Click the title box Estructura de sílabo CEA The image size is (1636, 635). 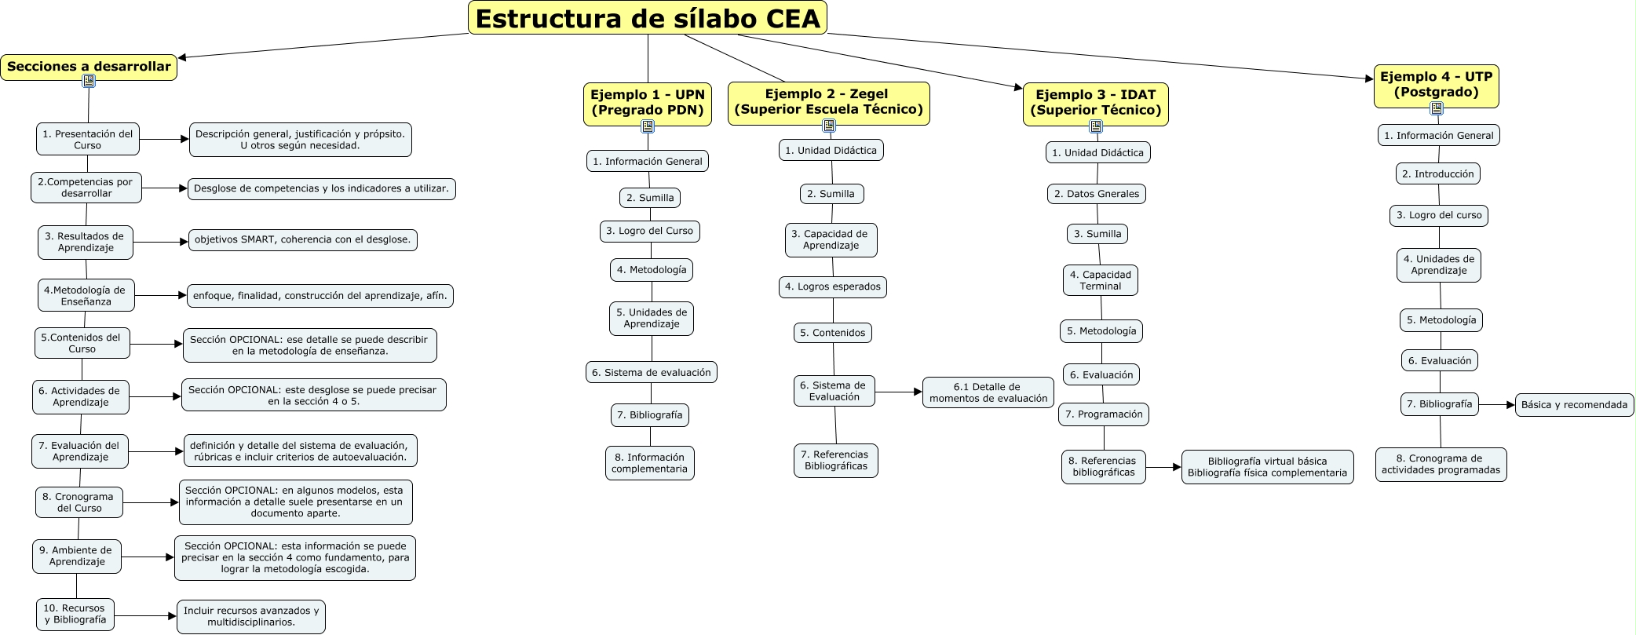point(647,18)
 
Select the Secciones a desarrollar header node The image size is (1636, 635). point(89,66)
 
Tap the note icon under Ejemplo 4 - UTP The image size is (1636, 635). point(1437,108)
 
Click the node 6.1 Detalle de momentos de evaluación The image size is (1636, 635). point(988,392)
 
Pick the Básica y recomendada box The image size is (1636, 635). point(1574,405)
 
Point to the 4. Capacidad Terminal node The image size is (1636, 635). point(1100,280)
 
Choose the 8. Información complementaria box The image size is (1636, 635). point(649,463)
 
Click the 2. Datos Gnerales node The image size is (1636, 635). point(1096,194)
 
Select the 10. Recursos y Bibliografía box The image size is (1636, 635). point(75,614)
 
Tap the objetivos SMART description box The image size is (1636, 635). point(302,239)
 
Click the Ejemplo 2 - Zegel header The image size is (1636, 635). point(828,102)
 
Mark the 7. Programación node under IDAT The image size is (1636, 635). point(1104,414)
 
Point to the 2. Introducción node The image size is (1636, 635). point(1437,174)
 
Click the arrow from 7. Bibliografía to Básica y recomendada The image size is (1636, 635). point(1497,405)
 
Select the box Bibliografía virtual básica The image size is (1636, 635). point(1267,467)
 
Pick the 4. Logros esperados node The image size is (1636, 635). point(832,287)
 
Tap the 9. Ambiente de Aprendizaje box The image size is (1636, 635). point(76,556)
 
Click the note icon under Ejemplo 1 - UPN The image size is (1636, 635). point(648,126)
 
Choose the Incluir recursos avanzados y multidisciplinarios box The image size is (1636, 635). point(251,616)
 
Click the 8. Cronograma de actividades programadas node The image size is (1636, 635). point(1441,464)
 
